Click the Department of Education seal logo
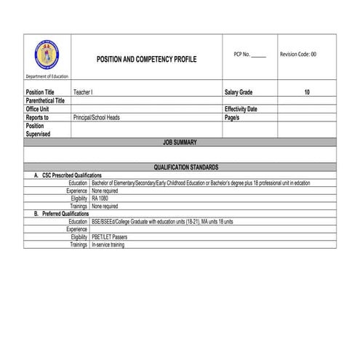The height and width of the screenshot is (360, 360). pos(47,55)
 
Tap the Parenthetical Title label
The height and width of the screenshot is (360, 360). pos(45,100)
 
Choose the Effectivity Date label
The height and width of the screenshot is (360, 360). pos(241,108)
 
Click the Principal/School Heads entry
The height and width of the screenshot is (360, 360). pos(97,116)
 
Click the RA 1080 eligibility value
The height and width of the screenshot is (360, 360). pos(100,198)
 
